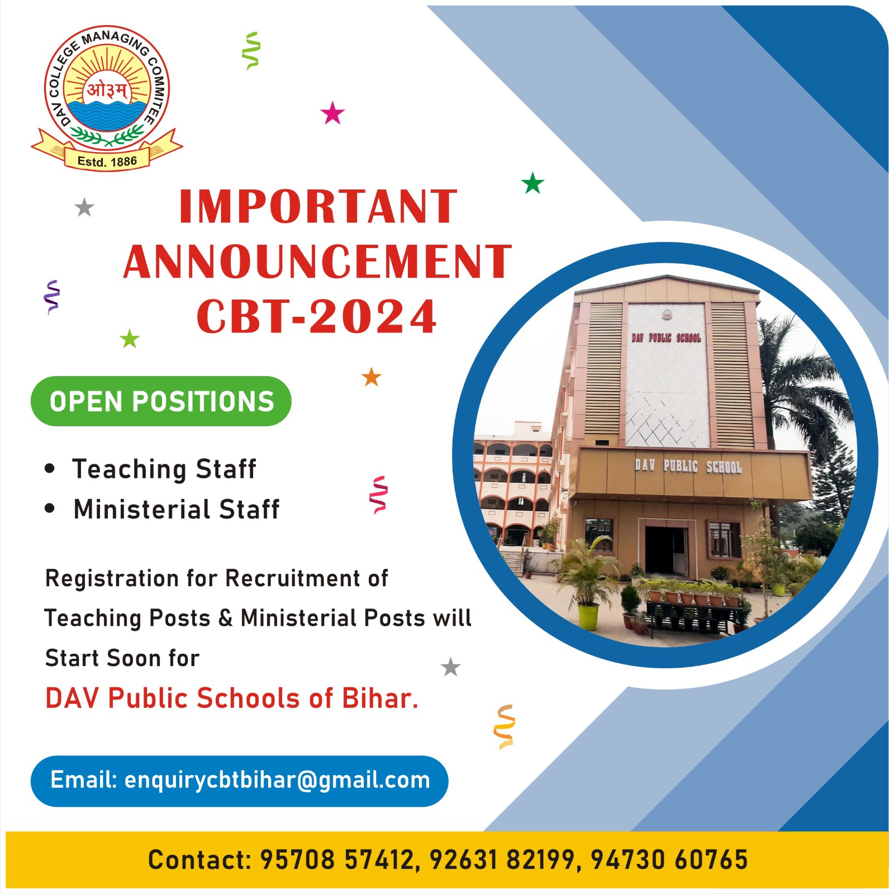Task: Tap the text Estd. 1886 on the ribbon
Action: click(107, 161)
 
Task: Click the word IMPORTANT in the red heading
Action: click(318, 207)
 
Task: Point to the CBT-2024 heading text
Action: click(316, 316)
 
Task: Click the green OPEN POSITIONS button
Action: click(161, 401)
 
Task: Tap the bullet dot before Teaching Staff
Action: click(50, 468)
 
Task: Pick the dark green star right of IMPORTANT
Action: click(532, 183)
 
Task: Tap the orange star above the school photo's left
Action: click(372, 377)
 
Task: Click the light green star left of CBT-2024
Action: click(130, 338)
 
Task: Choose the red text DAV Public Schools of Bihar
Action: click(232, 698)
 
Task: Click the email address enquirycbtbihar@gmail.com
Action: click(277, 780)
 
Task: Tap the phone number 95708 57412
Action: click(337, 859)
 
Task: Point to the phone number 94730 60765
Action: click(669, 859)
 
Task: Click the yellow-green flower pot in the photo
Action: click(588, 617)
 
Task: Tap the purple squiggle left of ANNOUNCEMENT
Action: click(52, 297)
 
